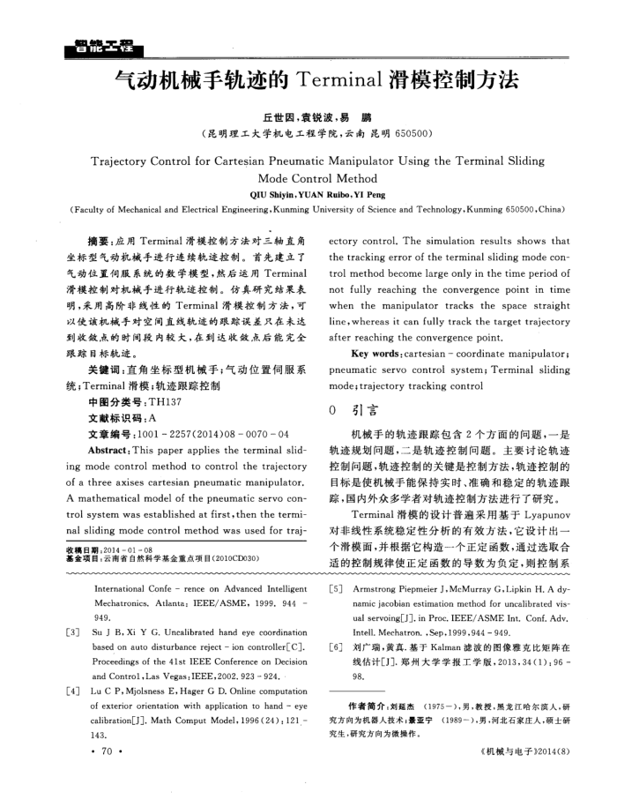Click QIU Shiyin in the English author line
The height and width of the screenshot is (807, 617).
pos(271,194)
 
